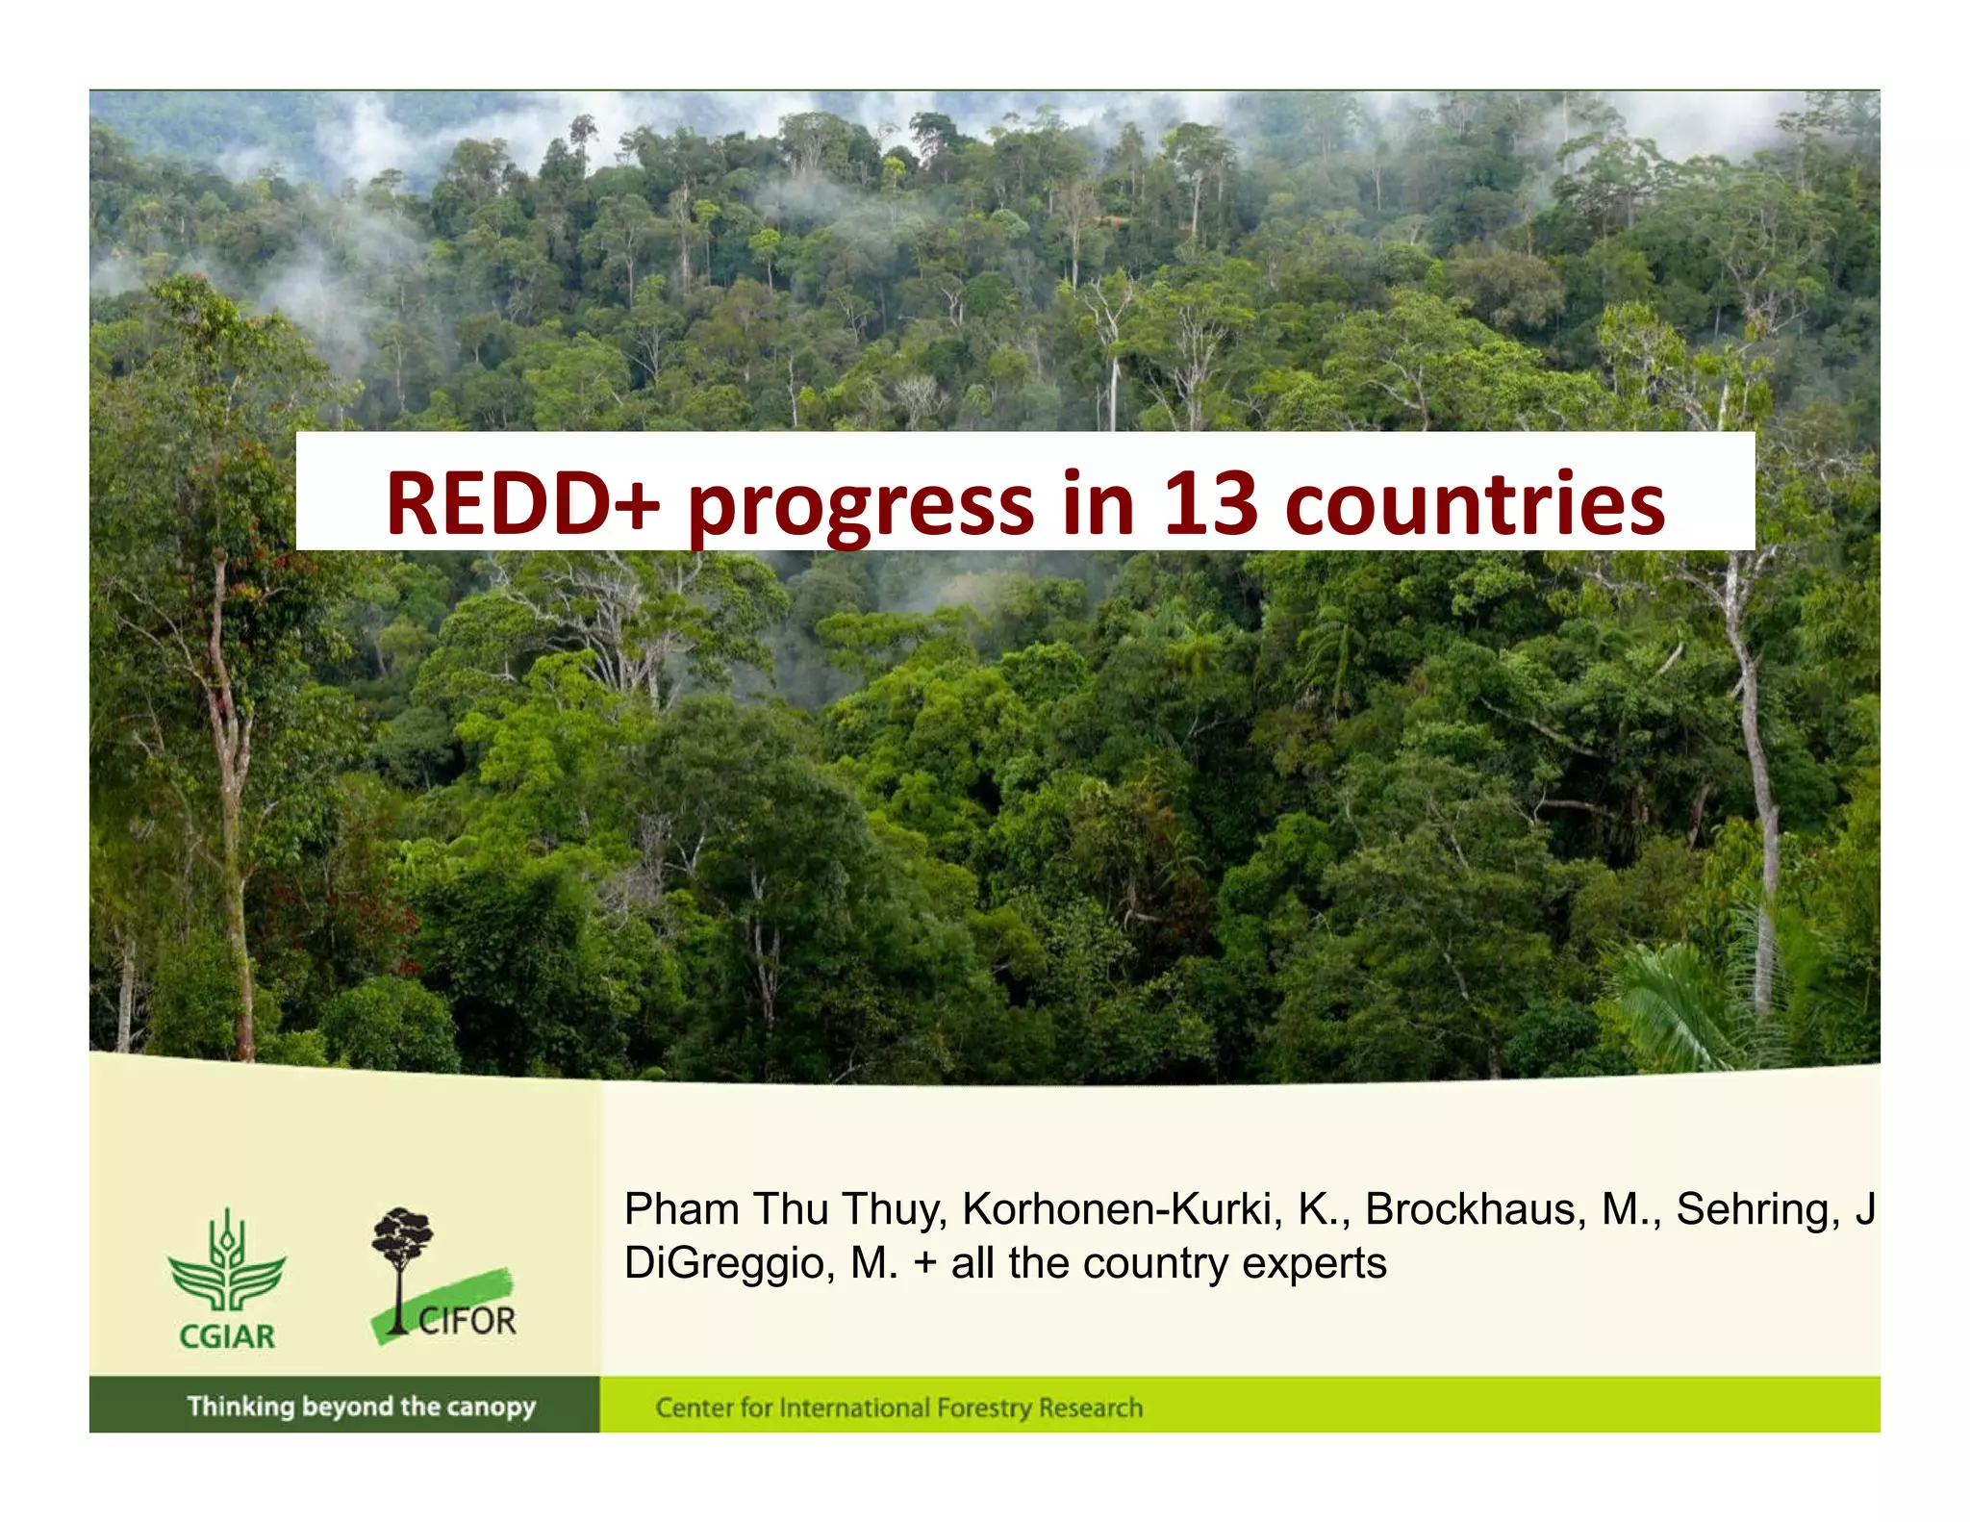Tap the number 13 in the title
pyautogui.click(x=1210, y=504)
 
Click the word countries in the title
pyautogui.click(x=1475, y=504)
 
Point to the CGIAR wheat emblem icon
pyautogui.click(x=227, y=1261)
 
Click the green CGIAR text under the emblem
pyautogui.click(x=227, y=1336)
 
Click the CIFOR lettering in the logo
pyautogui.click(x=467, y=1321)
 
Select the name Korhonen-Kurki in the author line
pyautogui.click(x=1122, y=1210)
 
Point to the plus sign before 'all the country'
pyautogui.click(x=925, y=1264)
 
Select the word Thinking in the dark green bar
pyautogui.click(x=240, y=1407)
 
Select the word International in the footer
pyautogui.click(x=854, y=1408)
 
